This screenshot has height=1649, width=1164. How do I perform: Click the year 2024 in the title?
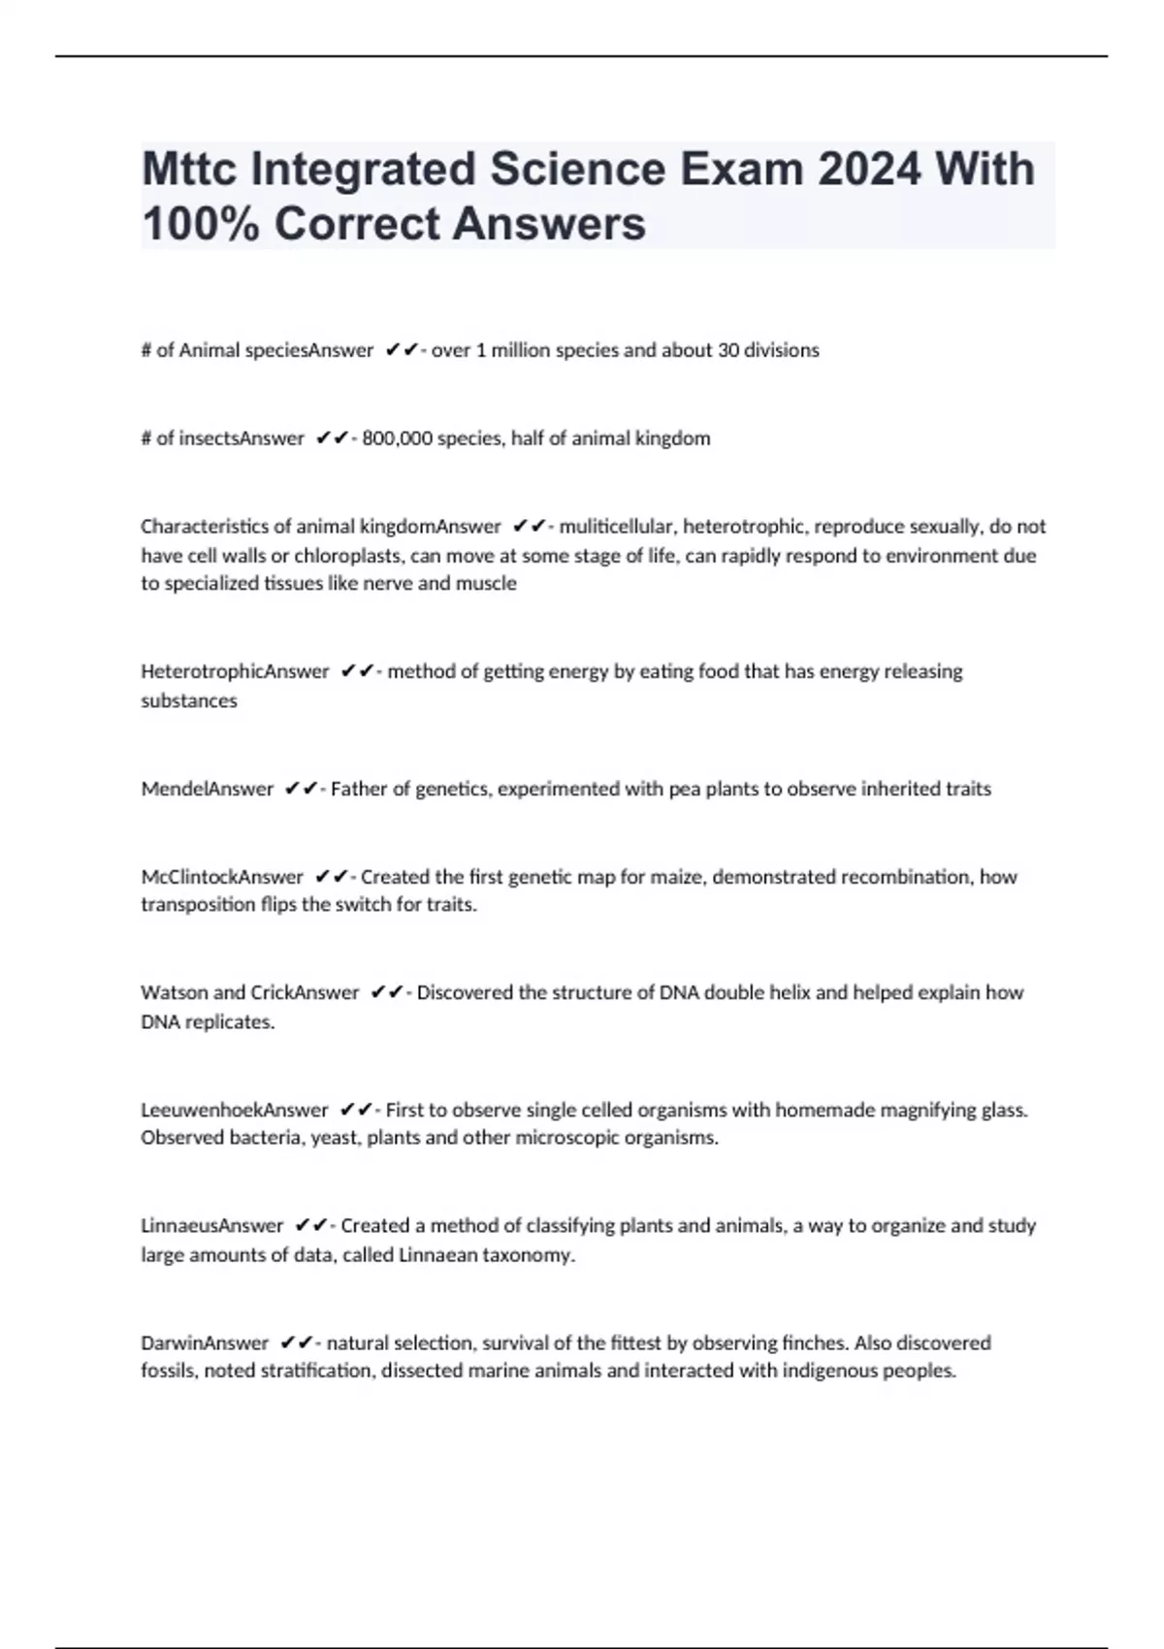pyautogui.click(x=869, y=169)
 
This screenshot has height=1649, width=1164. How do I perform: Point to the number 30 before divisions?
pyautogui.click(x=728, y=350)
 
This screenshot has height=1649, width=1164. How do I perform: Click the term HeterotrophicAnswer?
pyautogui.click(x=235, y=671)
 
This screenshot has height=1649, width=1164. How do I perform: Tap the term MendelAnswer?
pyautogui.click(x=207, y=789)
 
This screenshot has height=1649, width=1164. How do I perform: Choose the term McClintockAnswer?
pyautogui.click(x=222, y=877)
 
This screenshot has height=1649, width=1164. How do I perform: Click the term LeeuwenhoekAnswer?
pyautogui.click(x=235, y=1110)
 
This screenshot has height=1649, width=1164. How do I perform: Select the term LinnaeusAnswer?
pyautogui.click(x=211, y=1226)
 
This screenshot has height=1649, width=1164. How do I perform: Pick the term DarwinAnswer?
pyautogui.click(x=204, y=1343)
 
